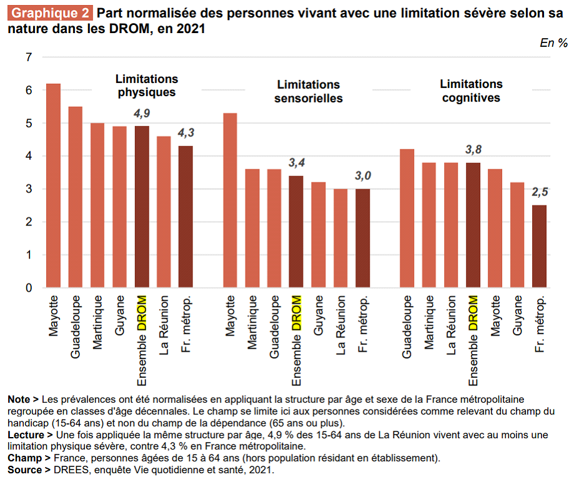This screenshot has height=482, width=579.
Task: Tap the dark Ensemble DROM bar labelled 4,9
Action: (x=142, y=207)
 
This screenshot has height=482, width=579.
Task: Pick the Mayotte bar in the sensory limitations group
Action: (x=230, y=200)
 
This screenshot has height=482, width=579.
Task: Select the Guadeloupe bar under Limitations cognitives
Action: (x=407, y=218)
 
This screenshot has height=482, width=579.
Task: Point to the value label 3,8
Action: (x=473, y=149)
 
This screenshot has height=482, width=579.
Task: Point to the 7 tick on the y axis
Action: (x=28, y=57)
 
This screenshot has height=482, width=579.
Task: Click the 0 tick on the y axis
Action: (x=28, y=288)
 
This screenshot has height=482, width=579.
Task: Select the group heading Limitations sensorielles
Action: (x=309, y=91)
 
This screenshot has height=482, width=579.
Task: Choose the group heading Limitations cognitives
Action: (x=471, y=91)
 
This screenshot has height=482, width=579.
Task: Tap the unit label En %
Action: (x=553, y=43)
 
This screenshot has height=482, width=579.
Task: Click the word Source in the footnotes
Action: (x=24, y=470)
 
